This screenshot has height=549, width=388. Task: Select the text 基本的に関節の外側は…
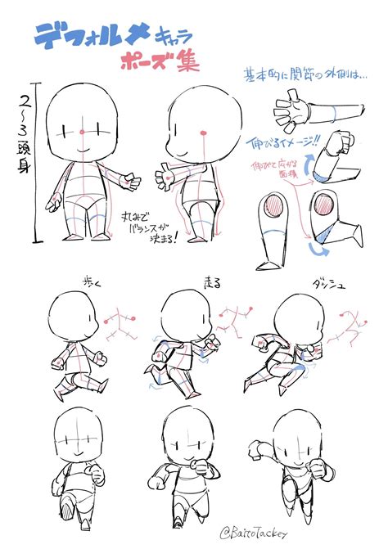pyautogui.click(x=302, y=75)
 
